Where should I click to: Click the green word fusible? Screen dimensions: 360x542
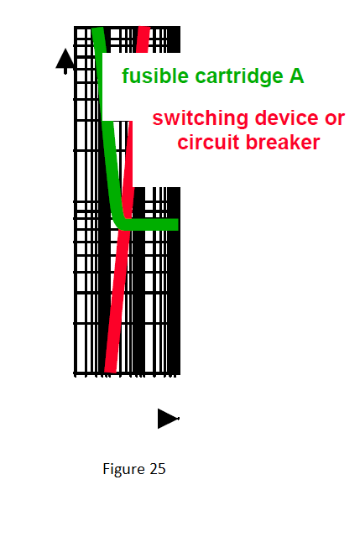click(154, 76)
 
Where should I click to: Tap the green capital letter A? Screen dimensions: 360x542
click(297, 76)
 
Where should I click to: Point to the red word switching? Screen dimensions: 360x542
click(201, 119)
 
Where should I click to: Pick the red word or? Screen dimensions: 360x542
click(335, 119)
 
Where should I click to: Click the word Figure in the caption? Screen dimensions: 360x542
click(123, 469)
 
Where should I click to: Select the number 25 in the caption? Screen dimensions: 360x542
click(158, 469)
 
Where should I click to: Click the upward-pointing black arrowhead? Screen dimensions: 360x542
click(65, 59)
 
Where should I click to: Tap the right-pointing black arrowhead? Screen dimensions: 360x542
click(168, 419)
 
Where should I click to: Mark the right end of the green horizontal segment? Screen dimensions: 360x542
click(178, 224)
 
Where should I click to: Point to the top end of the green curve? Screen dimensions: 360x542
click(97, 28)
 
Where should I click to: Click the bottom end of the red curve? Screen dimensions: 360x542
click(110, 372)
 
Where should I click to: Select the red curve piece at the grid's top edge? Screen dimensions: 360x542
click(143, 39)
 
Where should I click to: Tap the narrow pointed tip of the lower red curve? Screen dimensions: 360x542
click(131, 122)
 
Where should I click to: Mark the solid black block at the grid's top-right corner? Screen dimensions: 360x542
click(174, 39)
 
